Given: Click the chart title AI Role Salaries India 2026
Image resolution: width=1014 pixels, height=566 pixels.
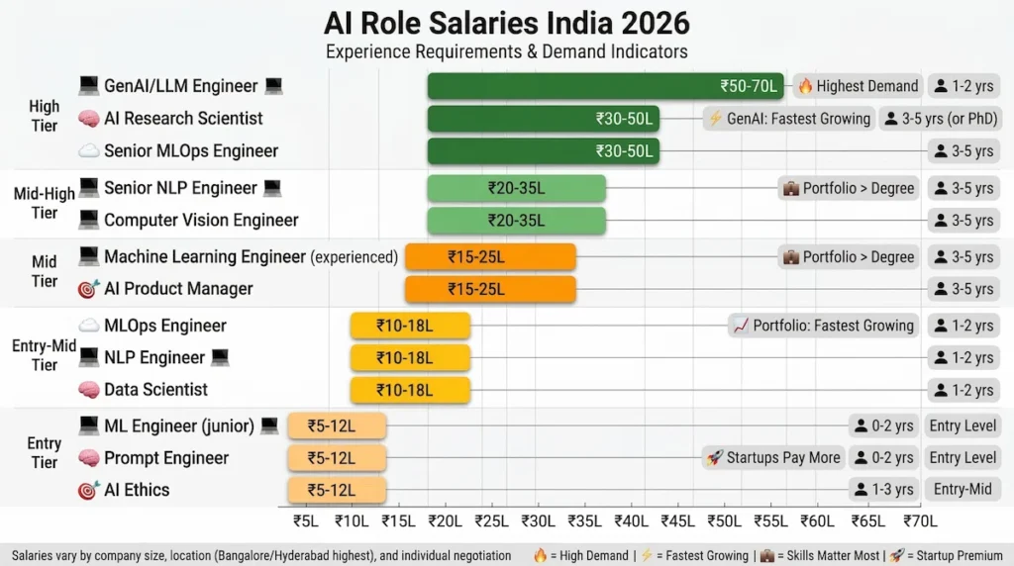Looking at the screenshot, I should click(x=507, y=22).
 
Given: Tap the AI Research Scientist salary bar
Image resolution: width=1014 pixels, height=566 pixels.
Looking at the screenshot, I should click(x=543, y=119).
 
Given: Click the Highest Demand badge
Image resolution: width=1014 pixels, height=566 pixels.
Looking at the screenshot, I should click(x=858, y=86).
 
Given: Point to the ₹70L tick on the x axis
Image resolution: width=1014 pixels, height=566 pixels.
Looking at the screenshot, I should click(x=921, y=520).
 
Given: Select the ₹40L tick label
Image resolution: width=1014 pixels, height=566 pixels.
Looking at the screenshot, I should click(x=631, y=520).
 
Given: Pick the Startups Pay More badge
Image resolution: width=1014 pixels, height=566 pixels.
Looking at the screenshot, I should click(x=774, y=457).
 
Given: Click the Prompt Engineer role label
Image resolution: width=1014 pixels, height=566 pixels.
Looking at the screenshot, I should click(x=166, y=458).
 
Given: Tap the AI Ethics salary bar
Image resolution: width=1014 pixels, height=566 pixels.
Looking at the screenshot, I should click(x=337, y=490).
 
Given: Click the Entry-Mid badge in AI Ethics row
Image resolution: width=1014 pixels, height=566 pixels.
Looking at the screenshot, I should click(x=963, y=490).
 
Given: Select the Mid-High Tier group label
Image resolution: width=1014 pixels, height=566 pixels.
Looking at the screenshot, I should click(x=44, y=203).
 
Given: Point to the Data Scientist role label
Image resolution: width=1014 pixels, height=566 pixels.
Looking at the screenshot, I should click(x=155, y=390).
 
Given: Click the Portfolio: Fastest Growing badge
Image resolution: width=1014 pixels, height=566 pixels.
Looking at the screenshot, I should click(x=823, y=326).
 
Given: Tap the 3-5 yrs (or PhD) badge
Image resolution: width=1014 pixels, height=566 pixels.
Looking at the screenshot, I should click(x=939, y=119).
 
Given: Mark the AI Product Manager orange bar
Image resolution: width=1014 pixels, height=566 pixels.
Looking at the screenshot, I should click(x=490, y=289).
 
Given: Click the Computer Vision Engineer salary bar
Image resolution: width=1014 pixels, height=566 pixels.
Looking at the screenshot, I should click(x=516, y=221).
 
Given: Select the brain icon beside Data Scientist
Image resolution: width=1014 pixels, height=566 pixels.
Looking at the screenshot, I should click(x=89, y=390).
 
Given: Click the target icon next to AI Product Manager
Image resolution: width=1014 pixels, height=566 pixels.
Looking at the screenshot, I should click(x=89, y=289).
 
